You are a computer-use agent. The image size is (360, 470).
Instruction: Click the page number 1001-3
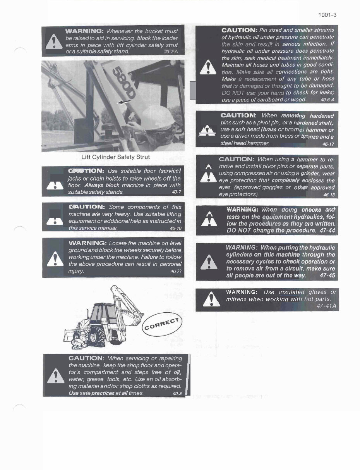327,15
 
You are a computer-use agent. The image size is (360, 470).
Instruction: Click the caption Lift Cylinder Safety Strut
115,157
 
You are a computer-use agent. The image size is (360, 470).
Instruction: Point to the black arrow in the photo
124,102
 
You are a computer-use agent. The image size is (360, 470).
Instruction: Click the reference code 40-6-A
327,100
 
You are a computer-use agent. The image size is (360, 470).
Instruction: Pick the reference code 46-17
328,144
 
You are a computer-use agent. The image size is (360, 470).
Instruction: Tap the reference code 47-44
327,231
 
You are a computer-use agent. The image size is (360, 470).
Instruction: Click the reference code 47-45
327,276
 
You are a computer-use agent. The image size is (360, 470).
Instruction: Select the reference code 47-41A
326,306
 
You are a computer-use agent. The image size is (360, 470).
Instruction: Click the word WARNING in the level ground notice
87,243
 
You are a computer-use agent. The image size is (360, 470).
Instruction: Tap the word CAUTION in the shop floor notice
86,358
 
